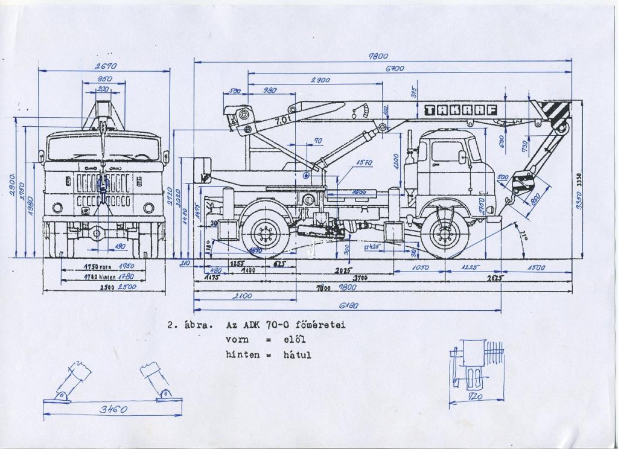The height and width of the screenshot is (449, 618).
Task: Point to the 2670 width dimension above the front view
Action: pyautogui.click(x=104, y=66)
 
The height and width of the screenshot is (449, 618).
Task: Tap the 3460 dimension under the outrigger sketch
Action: pyautogui.click(x=113, y=410)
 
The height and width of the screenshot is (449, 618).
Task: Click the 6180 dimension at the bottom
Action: pyautogui.click(x=349, y=306)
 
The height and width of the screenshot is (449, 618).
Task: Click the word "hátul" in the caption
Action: pyautogui.click(x=297, y=355)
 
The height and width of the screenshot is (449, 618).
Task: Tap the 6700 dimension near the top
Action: pyautogui.click(x=395, y=69)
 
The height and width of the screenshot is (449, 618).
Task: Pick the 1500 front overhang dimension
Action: pyautogui.click(x=536, y=267)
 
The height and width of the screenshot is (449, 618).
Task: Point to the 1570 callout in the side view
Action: pyautogui.click(x=364, y=162)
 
